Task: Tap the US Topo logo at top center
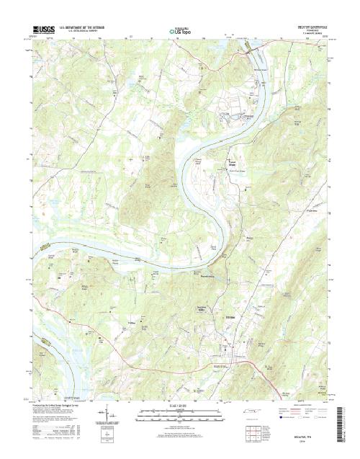point(180,31)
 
